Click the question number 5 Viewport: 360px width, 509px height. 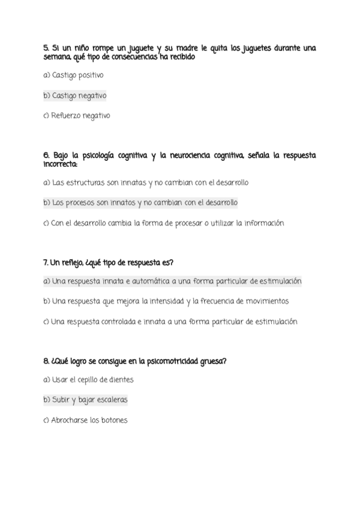46,48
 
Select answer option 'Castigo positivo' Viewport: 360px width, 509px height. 77,75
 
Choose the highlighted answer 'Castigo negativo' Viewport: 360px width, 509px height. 79,95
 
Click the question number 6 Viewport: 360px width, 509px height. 46,155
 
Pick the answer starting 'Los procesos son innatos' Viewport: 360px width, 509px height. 145,203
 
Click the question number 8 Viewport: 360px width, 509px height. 46,361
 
